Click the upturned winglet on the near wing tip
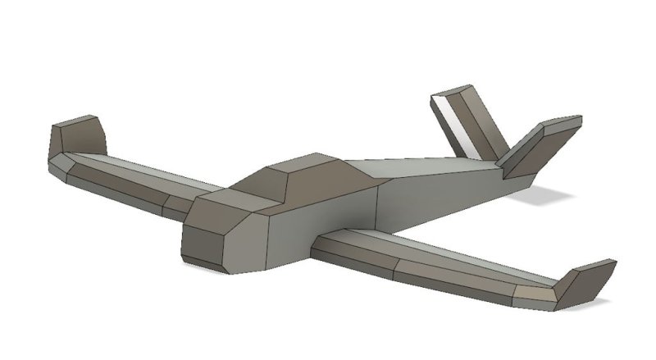click(x=584, y=285)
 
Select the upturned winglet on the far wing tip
click(x=78, y=136)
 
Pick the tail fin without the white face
click(x=537, y=148)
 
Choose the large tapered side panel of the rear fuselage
click(x=435, y=193)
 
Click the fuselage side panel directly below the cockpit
click(x=328, y=217)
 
